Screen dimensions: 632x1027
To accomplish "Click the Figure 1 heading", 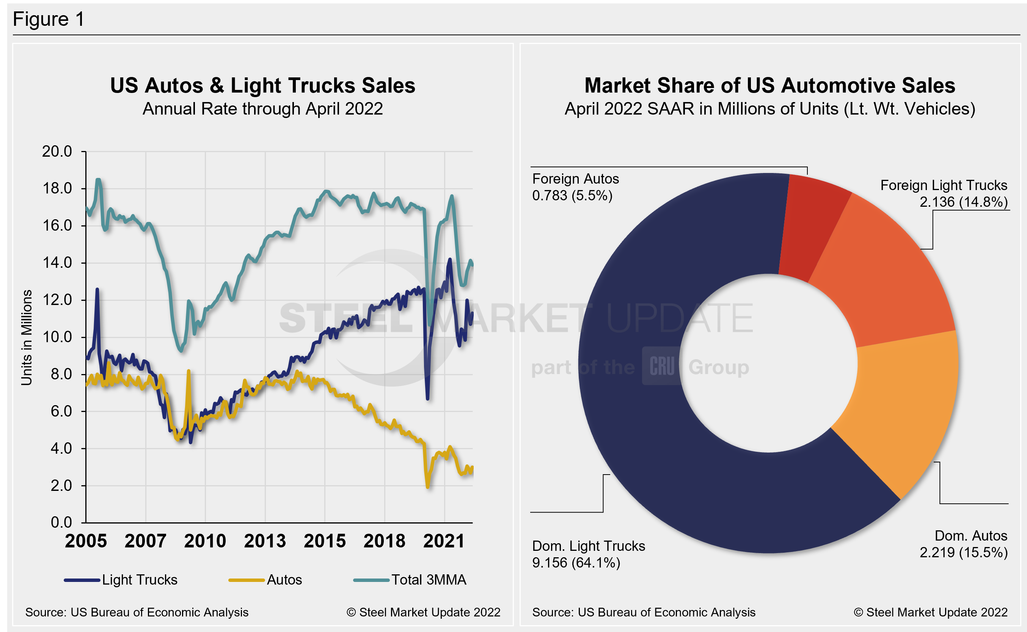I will pyautogui.click(x=49, y=19).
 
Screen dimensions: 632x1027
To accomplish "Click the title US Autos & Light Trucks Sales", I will pyautogui.click(x=262, y=85).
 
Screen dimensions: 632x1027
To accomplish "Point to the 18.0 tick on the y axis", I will pyautogui.click(x=57, y=189).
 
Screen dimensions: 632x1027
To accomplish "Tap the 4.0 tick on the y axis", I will pyautogui.click(x=61, y=448).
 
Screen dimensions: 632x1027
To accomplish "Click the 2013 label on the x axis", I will pyautogui.click(x=265, y=541).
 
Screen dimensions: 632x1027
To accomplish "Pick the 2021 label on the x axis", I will pyautogui.click(x=444, y=541).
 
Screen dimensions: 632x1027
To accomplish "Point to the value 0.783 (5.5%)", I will pyautogui.click(x=572, y=196).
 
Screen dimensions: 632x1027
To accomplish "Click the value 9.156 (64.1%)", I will pyautogui.click(x=576, y=563).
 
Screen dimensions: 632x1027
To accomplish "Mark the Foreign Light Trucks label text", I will pyautogui.click(x=944, y=185).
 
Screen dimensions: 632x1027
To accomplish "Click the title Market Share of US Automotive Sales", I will pyautogui.click(x=769, y=85).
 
